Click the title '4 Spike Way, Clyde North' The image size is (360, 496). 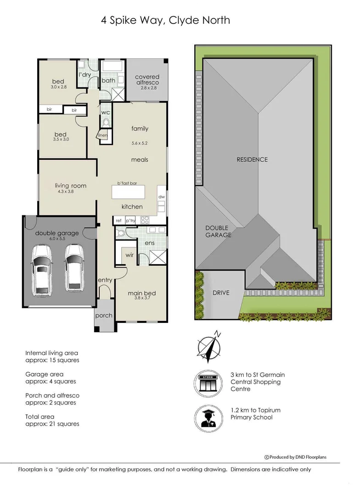[166, 21]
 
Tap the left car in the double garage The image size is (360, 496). [42, 268]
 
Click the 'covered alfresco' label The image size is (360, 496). [147, 79]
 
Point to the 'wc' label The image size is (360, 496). [105, 112]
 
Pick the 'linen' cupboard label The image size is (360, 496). [102, 135]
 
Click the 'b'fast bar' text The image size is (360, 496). [127, 183]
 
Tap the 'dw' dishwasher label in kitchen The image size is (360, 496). [161, 197]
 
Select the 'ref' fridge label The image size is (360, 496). [118, 220]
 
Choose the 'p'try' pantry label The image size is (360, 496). [130, 220]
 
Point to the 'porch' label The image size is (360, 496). [103, 316]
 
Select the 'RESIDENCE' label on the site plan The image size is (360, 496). [252, 159]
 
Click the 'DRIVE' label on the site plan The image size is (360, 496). [220, 293]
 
